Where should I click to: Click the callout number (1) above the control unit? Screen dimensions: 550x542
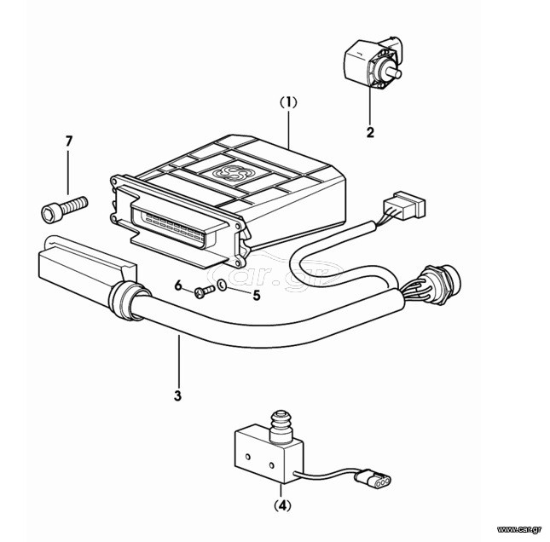288,103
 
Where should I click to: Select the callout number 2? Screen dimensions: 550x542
370,133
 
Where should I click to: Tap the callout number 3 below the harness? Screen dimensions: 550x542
178,395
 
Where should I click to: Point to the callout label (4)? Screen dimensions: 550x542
283,505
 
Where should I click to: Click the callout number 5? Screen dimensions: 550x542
257,296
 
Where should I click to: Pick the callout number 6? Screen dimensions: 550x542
178,285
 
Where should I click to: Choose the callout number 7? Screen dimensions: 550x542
69,141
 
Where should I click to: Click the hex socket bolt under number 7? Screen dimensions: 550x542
65,210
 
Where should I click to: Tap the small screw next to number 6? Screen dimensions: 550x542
205,291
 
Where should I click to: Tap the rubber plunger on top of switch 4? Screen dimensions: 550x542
281,425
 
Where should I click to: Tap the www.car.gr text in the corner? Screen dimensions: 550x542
519,529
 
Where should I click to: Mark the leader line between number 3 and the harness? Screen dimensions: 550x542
178,361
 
